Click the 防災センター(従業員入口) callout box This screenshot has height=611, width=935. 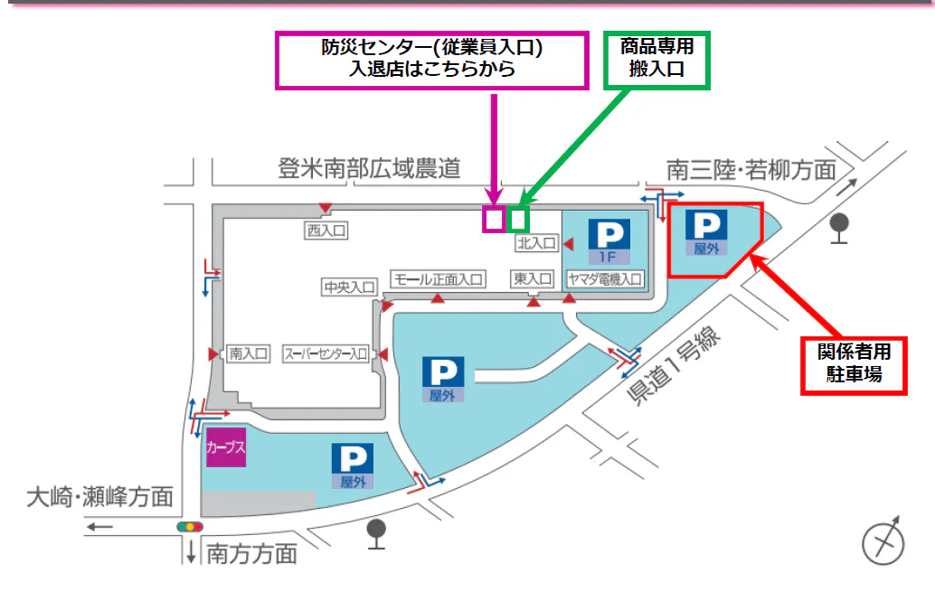point(432,61)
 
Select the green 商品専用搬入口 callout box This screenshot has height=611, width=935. point(656,60)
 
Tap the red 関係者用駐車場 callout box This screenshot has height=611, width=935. point(854,364)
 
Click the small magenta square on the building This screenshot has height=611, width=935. point(493,219)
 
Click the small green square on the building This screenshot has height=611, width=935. point(517,219)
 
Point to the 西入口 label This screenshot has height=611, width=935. point(326,231)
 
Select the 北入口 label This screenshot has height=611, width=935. point(536,243)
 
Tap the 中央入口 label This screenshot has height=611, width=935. point(350,287)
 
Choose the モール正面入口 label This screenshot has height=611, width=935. point(438,279)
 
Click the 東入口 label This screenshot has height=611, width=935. point(532,279)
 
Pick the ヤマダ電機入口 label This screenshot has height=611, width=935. point(605,279)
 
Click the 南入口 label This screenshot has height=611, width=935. point(249,353)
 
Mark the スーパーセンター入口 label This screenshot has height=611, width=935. point(326,353)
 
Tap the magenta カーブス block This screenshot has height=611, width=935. point(226,446)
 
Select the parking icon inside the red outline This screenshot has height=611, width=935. point(705,231)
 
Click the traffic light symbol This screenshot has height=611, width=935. point(190,526)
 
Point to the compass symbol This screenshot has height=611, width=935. point(883,541)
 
